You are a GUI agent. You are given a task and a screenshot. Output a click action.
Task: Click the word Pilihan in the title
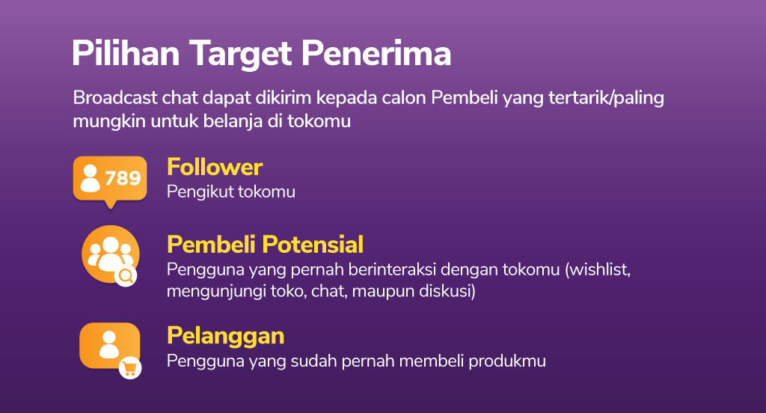coord(126,53)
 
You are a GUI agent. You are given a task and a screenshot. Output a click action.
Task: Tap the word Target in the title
coord(240,55)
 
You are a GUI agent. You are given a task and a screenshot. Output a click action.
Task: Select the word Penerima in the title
coord(376,53)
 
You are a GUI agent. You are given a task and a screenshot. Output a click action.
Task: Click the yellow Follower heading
coord(215,167)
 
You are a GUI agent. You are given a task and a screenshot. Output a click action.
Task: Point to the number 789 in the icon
coord(123,178)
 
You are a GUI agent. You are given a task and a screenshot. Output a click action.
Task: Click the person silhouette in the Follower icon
coord(90,178)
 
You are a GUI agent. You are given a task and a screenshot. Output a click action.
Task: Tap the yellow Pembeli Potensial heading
coord(266,245)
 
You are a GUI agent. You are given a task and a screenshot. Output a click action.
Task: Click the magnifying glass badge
coord(126,276)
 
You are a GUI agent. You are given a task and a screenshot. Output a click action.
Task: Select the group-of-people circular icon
coord(111,254)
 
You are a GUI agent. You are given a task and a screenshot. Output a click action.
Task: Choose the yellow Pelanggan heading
coord(226,336)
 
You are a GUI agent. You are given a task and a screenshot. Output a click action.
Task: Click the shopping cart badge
coord(130,368)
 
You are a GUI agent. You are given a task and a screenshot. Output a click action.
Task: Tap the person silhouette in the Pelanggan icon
coord(109,345)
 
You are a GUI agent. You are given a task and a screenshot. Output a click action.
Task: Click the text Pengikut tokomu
coord(231,192)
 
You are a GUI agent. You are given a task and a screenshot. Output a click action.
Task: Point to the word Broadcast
coord(115,98)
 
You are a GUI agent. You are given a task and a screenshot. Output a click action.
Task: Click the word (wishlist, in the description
coord(598,270)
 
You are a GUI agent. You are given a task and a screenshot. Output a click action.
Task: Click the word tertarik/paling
coord(606,98)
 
